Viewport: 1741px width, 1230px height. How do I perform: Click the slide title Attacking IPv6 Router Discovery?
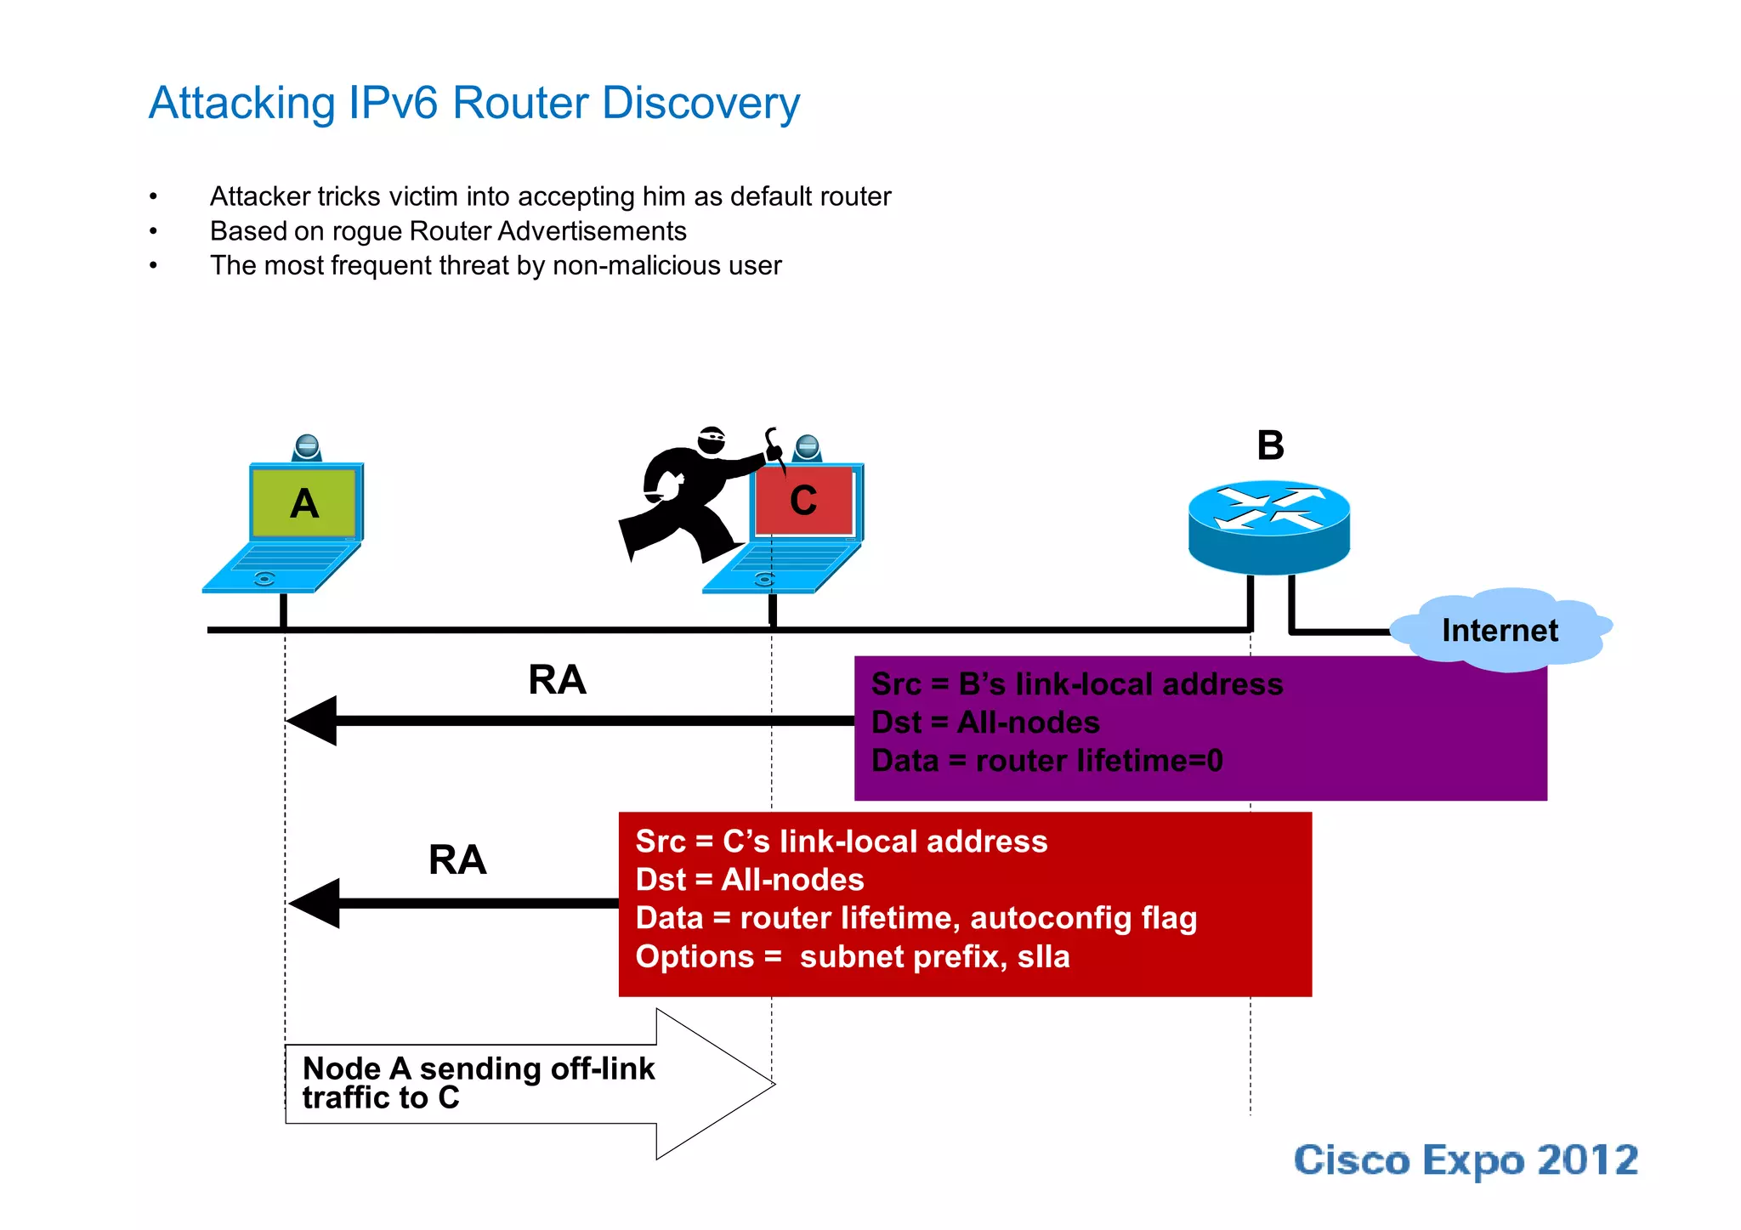(x=474, y=104)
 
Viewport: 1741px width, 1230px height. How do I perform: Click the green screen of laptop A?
(x=304, y=502)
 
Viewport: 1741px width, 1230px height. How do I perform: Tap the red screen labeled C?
(x=804, y=501)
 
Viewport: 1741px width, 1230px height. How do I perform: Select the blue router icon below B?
(x=1268, y=524)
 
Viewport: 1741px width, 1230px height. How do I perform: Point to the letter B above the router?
(x=1270, y=445)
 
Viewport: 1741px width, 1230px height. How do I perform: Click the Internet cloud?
(x=1500, y=630)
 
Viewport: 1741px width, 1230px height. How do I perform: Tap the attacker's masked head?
(x=712, y=439)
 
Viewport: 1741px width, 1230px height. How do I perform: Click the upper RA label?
(x=557, y=680)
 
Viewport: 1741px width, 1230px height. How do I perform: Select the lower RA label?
(x=457, y=859)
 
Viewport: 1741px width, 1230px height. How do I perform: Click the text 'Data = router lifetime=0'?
(x=1046, y=761)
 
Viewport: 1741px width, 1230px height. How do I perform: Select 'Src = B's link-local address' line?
(x=1076, y=684)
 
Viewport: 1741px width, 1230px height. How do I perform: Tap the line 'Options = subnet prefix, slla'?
(x=852, y=957)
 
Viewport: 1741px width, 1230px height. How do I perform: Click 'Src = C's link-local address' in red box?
(x=841, y=842)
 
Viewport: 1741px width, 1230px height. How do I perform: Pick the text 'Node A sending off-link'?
(x=479, y=1068)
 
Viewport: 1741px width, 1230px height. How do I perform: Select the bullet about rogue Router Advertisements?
(x=448, y=231)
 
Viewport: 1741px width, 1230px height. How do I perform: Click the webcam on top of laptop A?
(x=307, y=446)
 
